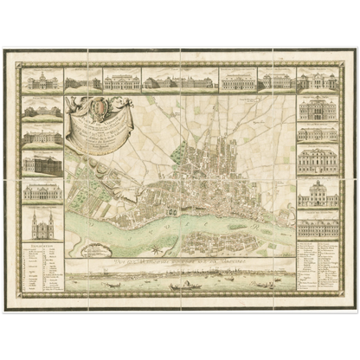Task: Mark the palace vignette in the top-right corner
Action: [318, 80]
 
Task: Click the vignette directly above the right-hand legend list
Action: [318, 227]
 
